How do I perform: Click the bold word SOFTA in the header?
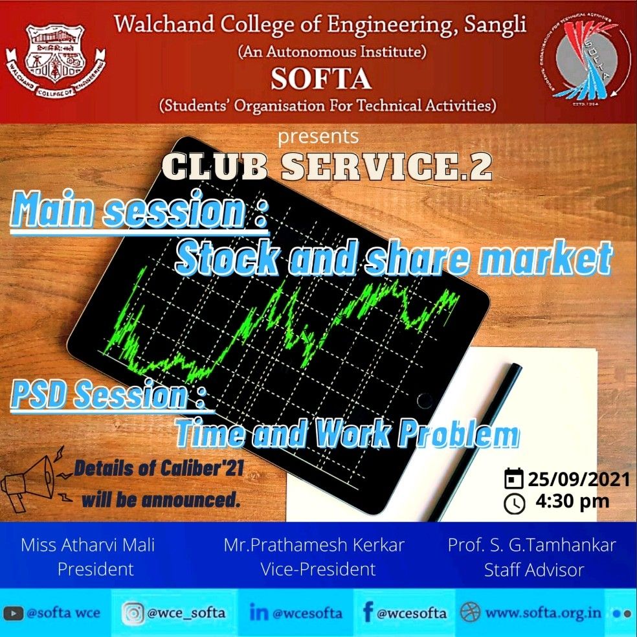pos(321,78)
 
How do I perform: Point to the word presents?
pos(318,137)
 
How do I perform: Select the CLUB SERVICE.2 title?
pos(327,166)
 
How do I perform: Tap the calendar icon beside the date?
pos(513,478)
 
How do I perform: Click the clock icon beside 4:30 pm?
pos(514,504)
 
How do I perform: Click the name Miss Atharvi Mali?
pos(88,545)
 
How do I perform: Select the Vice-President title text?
pos(318,569)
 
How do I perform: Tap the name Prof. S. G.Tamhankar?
pos(531,545)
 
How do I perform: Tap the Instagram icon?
pos(133,612)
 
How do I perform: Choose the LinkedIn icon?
pos(259,612)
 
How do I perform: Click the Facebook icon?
pos(368,612)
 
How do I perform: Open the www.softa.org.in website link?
pos(543,612)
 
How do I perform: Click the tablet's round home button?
pos(425,401)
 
